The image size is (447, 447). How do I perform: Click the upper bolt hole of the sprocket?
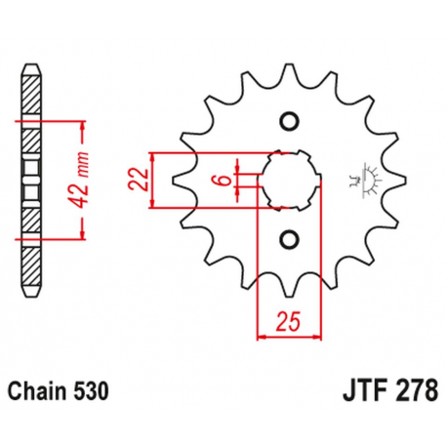[288, 121]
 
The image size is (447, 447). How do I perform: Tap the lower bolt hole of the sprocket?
[288, 238]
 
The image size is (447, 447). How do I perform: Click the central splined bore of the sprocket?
[288, 180]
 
